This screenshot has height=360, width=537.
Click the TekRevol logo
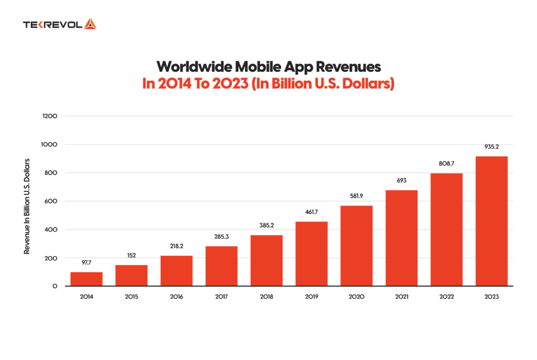[x=59, y=24]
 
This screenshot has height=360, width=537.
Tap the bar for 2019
[x=312, y=254]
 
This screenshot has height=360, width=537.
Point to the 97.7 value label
[x=87, y=263]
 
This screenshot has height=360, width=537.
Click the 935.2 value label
[x=491, y=147]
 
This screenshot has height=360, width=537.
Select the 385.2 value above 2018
[x=266, y=226]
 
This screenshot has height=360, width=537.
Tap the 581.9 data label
[x=357, y=196]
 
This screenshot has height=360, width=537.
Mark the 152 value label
[x=132, y=256]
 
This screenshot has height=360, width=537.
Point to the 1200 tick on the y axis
[x=50, y=116]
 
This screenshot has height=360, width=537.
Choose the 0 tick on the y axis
[x=55, y=287]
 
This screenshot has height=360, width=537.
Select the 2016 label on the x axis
[x=177, y=297]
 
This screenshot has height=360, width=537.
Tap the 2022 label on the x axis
[x=446, y=297]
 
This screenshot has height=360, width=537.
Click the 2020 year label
[x=357, y=297]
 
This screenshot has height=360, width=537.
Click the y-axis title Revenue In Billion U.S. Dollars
[x=26, y=206]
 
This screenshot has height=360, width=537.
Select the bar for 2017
[x=221, y=266]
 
